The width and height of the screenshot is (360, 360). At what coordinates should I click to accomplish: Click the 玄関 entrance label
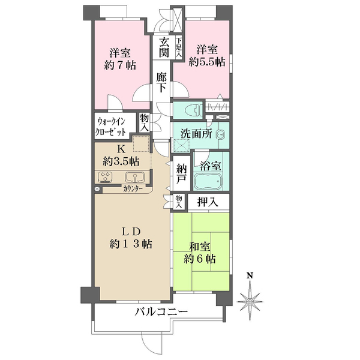164,47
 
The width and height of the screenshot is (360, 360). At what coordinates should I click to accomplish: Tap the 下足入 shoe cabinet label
179,47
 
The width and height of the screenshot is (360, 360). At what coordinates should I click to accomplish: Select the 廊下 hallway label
161,82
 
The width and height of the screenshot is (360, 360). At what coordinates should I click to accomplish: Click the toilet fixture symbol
193,110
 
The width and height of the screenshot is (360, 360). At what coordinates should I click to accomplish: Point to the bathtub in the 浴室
208,181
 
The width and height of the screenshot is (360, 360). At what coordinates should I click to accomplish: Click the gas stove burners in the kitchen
106,177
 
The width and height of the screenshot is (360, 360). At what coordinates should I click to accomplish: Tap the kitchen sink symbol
135,177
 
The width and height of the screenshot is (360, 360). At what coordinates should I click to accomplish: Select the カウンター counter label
133,189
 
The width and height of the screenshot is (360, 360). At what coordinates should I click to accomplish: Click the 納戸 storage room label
182,174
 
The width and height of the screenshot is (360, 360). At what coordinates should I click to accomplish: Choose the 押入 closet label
208,202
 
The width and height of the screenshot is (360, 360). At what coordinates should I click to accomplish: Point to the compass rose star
250,301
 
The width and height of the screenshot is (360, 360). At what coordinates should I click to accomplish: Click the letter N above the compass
250,275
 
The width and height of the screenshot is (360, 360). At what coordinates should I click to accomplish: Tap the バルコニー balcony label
161,311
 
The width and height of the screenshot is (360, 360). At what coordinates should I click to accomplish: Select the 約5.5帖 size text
207,62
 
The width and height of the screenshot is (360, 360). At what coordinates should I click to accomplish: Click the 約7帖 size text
120,65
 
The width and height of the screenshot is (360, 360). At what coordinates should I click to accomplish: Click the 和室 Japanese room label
200,247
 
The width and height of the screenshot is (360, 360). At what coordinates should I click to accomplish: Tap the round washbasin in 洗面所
221,134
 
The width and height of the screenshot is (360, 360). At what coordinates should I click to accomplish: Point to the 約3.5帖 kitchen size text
121,161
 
